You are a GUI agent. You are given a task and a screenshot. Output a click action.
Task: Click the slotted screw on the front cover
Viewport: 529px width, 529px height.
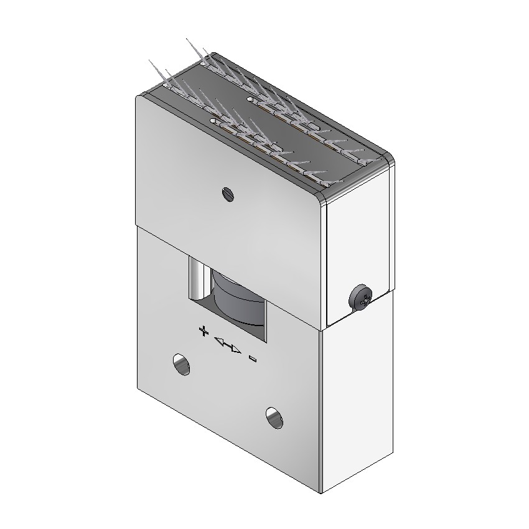coord(228,194)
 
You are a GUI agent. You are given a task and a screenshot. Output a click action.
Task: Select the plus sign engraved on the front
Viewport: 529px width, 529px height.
coord(202,330)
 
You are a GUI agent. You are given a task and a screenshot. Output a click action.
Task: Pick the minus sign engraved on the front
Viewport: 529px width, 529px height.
coord(253,358)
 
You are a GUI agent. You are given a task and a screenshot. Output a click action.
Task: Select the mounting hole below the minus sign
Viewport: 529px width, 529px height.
coord(274,418)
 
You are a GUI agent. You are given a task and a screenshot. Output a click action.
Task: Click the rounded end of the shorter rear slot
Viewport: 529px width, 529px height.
coord(251,99)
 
